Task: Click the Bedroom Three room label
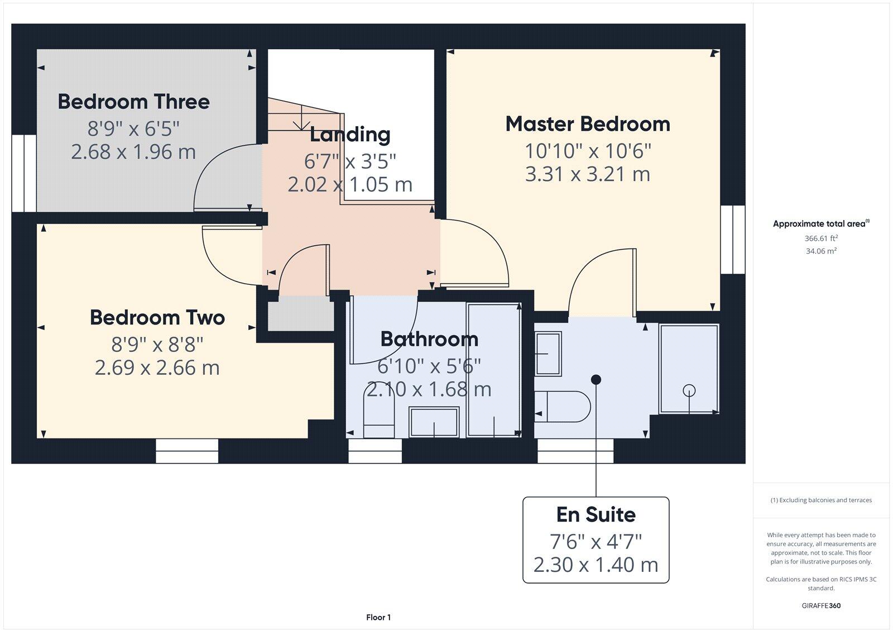point(133,101)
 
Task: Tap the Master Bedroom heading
point(588,123)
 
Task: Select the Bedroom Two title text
point(157,318)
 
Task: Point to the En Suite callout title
point(596,514)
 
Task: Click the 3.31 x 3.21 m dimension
point(588,174)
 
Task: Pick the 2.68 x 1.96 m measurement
point(133,151)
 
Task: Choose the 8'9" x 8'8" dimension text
point(157,344)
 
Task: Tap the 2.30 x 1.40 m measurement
point(596,565)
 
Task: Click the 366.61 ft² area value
point(821,238)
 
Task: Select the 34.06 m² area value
point(821,251)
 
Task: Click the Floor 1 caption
point(378,617)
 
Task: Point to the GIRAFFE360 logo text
point(821,605)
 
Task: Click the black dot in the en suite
point(596,379)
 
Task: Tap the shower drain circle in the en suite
point(689,390)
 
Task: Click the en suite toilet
point(562,406)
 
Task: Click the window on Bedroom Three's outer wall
point(24,173)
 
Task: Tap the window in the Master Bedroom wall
point(733,240)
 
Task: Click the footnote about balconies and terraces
point(821,500)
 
